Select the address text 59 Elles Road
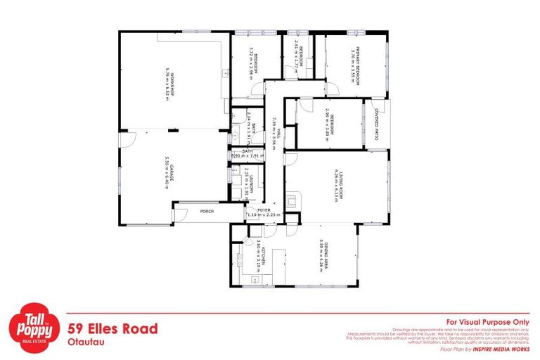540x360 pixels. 112,328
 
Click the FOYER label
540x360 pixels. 263,209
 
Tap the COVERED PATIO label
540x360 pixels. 377,124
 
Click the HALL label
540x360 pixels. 279,134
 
